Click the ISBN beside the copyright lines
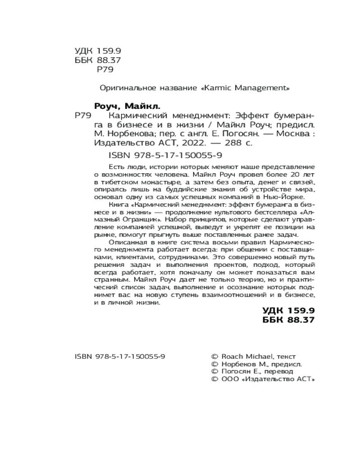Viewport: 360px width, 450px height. pyautogui.click(x=119, y=356)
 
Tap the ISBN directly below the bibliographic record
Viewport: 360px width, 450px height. pyautogui.click(x=166, y=155)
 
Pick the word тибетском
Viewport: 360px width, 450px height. pyautogui.click(x=113, y=181)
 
